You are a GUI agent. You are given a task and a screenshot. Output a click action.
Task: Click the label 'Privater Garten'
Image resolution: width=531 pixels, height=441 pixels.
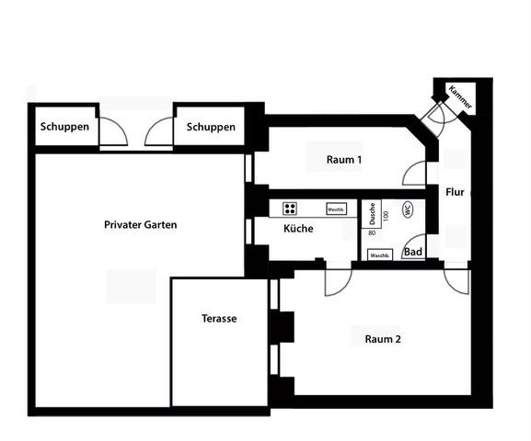coord(140,224)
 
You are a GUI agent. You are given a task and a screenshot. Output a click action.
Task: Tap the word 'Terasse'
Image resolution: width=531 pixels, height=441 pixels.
coord(219,319)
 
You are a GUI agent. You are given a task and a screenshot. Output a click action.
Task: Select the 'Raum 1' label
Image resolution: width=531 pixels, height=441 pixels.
coord(343,160)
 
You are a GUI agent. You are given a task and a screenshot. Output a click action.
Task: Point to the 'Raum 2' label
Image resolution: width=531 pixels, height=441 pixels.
coord(383,339)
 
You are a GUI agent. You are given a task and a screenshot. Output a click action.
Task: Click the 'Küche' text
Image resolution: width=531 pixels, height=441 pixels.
coord(298,229)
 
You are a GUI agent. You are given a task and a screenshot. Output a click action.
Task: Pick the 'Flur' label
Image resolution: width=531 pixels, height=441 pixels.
coord(455,193)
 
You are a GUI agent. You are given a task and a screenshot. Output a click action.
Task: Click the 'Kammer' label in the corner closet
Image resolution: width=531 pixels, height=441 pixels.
coord(459,97)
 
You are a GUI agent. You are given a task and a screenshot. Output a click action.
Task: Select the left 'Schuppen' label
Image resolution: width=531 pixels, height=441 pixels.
coord(64,128)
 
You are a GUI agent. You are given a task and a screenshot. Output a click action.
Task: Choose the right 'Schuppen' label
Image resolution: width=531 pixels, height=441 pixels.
coord(211,128)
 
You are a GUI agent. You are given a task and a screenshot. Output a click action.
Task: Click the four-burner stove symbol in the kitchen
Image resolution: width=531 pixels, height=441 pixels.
coord(290,209)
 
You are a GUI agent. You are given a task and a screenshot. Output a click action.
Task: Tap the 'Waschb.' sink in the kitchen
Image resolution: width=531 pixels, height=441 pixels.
coord(336,209)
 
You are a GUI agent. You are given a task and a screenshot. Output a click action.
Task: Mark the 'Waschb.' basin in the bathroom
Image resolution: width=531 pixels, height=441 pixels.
coord(380,254)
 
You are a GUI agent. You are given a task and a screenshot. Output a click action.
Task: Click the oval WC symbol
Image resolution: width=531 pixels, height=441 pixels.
coord(406,209)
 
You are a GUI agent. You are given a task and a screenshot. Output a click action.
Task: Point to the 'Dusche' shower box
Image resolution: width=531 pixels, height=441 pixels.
coord(372,214)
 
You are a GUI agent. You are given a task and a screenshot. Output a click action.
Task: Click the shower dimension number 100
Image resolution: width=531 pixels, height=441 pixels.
coord(387,214)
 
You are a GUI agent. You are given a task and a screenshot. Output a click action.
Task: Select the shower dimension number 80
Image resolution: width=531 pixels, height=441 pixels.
coord(373,233)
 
